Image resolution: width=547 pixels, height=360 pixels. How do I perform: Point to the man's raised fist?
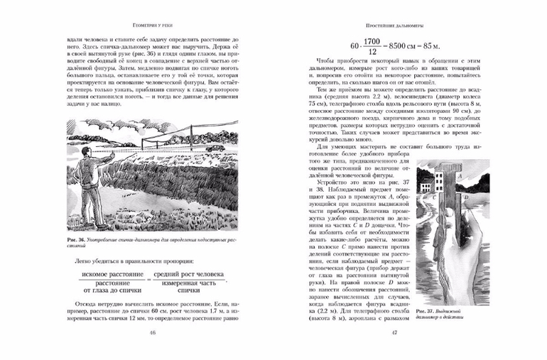click(x=107, y=151)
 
